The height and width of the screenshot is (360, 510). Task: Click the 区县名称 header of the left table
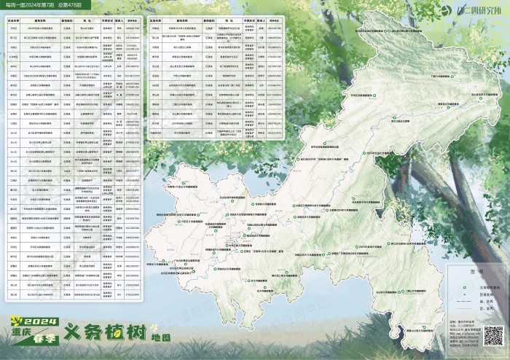[x=14, y=23]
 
